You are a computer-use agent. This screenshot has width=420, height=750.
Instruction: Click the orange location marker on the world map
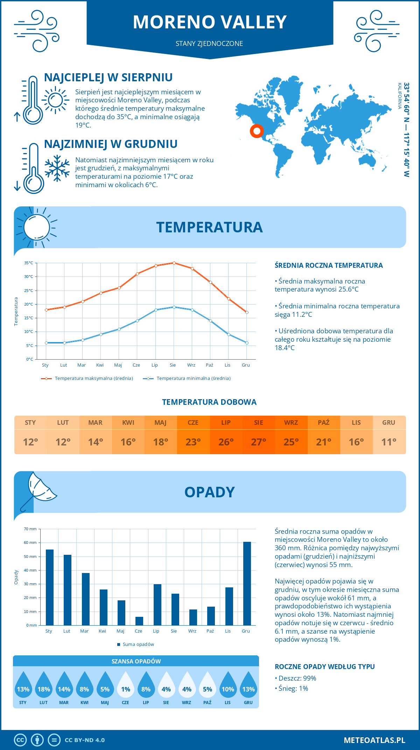[x=257, y=131]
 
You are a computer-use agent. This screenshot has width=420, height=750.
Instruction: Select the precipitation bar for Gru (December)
[x=247, y=584]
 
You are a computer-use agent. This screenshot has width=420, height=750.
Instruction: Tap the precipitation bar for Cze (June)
[x=139, y=621]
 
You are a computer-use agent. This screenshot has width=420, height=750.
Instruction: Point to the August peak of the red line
[x=174, y=263]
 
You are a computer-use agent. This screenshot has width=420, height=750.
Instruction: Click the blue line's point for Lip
[x=156, y=310]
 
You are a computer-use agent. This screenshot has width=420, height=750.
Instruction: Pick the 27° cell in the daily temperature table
[x=258, y=442]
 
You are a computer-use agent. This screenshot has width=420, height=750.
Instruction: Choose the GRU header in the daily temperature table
[x=388, y=423]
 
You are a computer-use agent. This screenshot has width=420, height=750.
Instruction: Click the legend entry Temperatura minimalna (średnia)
[x=193, y=379]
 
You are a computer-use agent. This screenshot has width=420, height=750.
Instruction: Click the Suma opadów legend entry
[x=138, y=645]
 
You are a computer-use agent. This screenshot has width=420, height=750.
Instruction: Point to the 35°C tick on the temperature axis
[x=29, y=263]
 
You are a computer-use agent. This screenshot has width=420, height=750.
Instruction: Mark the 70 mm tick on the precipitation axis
[x=30, y=529]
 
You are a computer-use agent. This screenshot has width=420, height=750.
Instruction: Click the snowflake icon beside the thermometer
[x=57, y=168]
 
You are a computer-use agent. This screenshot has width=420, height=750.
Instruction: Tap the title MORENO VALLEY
[x=210, y=22]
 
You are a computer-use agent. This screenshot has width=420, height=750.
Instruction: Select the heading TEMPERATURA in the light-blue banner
[x=209, y=227]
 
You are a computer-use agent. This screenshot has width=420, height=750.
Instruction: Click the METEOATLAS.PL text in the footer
[x=374, y=740]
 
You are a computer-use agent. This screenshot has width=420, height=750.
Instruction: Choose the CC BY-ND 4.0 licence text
[x=85, y=740]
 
